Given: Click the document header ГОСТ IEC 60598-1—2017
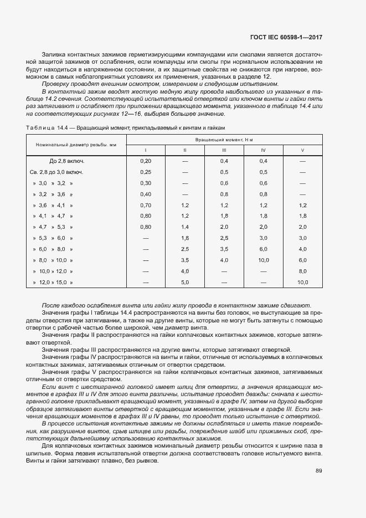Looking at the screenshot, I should point(282,38).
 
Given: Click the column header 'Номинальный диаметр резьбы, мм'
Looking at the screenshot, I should point(76,145).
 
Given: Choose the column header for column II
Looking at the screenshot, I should point(185,150).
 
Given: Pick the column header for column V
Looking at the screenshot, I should point(302,150).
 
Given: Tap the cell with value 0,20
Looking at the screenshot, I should point(146,161).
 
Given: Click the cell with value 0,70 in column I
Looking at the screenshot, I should point(146,205).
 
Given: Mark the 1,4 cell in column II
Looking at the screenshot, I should point(185,227).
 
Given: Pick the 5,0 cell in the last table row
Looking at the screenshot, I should point(185,283).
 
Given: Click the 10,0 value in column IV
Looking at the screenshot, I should point(263,260).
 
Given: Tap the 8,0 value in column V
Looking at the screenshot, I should point(302,271).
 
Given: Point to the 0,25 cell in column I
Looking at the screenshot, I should point(146,172).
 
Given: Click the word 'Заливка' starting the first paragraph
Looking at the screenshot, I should point(53,54).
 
